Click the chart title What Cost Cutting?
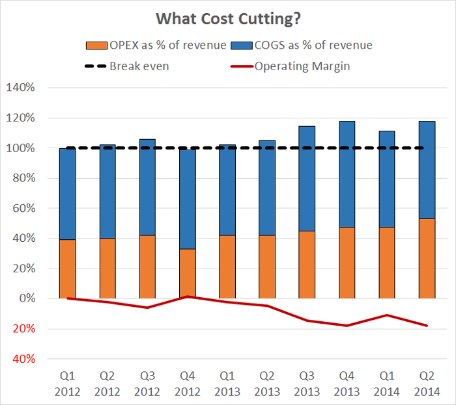pyautogui.click(x=227, y=19)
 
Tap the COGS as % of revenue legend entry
pyautogui.click(x=305, y=46)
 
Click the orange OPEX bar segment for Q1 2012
pyautogui.click(x=68, y=268)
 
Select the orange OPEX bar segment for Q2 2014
pyautogui.click(x=426, y=258)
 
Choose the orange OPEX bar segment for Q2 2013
pyautogui.click(x=267, y=267)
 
